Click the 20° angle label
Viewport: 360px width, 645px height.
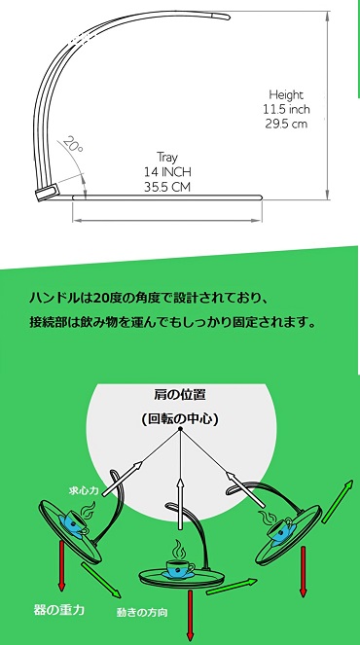pos(74,145)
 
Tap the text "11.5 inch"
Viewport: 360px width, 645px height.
pos(286,109)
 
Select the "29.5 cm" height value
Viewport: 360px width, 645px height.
pos(286,124)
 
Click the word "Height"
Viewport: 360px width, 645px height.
pos(286,95)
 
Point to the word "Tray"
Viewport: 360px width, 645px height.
pos(166,158)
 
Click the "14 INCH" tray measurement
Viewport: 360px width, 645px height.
pos(167,171)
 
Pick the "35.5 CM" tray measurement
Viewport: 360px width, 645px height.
pos(167,187)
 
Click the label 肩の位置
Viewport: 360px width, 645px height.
pos(179,395)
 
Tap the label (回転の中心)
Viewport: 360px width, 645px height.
pos(179,418)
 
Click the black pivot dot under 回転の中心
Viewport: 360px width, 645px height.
pos(180,429)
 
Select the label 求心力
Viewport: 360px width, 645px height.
pos(84,490)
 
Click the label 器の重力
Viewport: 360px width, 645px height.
pos(59,609)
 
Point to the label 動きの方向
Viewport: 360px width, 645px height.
pos(142,613)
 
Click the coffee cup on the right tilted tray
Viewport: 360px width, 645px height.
pos(280,529)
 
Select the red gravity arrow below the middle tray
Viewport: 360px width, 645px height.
pos(190,615)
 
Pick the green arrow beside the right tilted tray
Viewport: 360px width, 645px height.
pos(338,501)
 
